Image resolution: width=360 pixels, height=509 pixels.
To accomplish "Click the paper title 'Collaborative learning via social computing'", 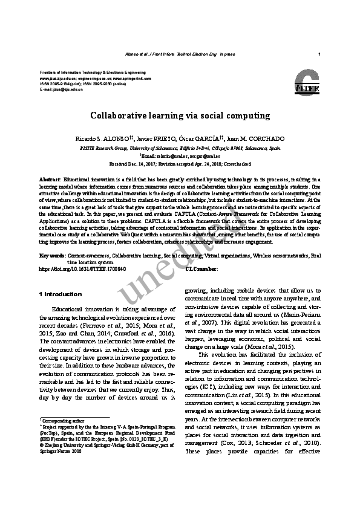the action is click(x=180, y=115).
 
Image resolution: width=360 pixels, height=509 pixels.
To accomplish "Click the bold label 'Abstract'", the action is click(x=50, y=180).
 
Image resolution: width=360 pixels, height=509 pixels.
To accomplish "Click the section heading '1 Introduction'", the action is click(x=60, y=294).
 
